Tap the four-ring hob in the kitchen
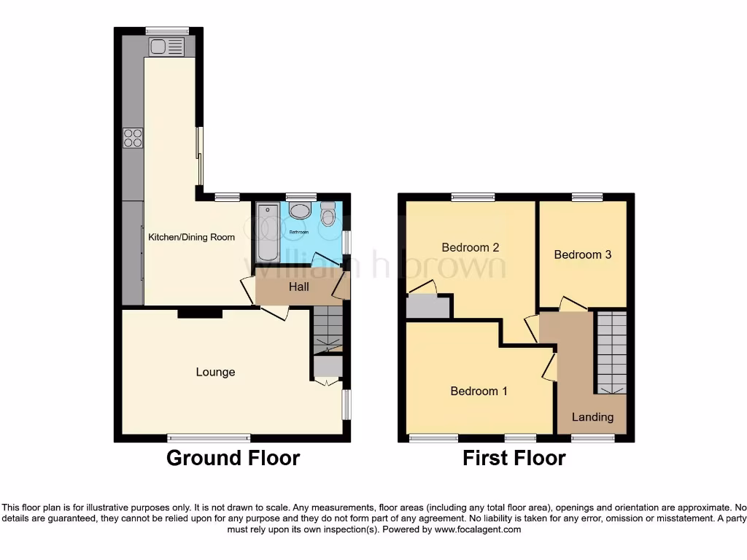point(133,137)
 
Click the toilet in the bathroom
point(328,214)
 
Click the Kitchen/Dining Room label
point(192,237)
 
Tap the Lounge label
point(215,372)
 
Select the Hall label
point(299,287)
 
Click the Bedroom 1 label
point(479,391)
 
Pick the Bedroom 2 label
point(471,247)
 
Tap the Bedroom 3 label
point(582,254)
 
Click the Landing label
point(592,417)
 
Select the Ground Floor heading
point(233,458)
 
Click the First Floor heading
point(514,458)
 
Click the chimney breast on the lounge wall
point(201,313)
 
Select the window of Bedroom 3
point(587,197)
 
